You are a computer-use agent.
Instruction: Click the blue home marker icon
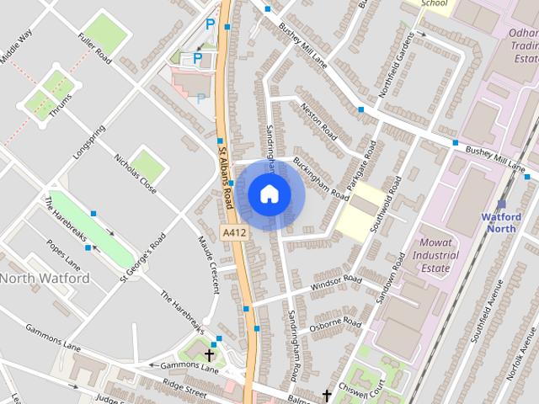[268, 194]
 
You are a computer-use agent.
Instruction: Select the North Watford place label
[44, 278]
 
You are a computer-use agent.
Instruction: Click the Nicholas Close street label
[135, 174]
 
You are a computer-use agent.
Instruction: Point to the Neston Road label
[318, 125]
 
